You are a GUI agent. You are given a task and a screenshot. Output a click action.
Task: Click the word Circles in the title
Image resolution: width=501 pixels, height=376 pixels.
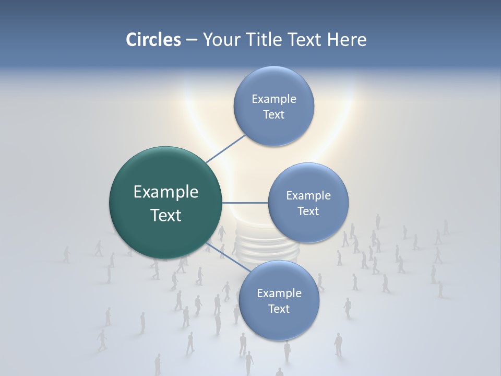coord(153,40)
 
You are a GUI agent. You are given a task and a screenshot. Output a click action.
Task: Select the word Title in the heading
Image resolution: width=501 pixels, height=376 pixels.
coord(265,40)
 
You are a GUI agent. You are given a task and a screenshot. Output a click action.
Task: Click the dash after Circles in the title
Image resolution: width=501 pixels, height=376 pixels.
coord(191,40)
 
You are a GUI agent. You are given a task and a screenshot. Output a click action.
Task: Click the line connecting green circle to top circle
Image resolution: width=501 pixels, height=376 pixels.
coord(225,148)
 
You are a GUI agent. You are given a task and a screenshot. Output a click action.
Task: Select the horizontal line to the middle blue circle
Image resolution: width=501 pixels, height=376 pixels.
coord(245,203)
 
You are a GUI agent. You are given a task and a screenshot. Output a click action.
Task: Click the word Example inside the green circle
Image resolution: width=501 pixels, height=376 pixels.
coord(166,192)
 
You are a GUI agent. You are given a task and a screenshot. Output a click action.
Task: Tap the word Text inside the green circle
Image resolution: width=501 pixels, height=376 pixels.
coord(166,215)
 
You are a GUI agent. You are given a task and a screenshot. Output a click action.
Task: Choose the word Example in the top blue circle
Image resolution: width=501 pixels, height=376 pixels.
coord(274,99)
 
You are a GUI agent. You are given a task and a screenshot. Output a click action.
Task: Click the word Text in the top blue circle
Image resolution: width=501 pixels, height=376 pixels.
coord(274,115)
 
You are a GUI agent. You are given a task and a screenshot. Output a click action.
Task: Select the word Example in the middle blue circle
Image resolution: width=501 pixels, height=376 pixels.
coord(308,196)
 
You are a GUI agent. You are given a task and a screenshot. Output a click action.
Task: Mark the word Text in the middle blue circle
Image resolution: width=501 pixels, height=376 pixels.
coord(308,211)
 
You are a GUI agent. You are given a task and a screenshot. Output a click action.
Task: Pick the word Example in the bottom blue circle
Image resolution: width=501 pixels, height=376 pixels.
coord(279,293)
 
